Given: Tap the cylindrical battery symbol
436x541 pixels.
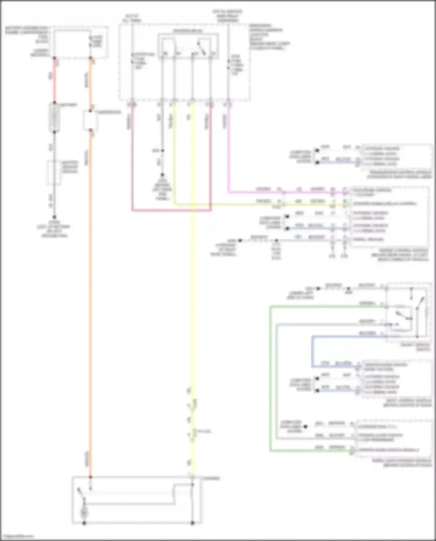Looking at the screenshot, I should tap(54, 118).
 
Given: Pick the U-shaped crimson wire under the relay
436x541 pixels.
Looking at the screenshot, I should tap(171, 210).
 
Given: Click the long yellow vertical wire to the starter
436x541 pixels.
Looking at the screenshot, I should tap(192, 291).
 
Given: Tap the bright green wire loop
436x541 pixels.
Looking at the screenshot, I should tap(271, 378).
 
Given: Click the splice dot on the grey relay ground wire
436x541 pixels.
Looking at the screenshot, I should tap(162, 151).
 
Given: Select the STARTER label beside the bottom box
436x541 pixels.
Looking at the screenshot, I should tap(211, 478).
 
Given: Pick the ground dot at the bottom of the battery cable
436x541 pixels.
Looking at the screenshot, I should tap(54, 217).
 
